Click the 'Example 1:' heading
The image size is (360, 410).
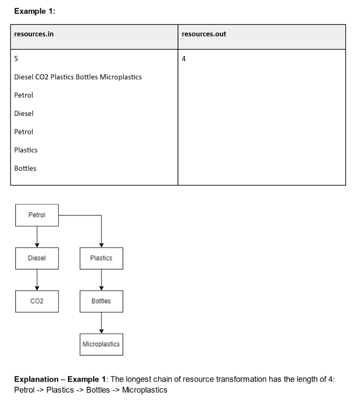[34, 12]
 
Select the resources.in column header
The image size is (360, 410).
[34, 34]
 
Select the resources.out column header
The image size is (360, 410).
[204, 34]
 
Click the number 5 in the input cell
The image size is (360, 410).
[16, 59]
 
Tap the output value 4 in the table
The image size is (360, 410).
[184, 59]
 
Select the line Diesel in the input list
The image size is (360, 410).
[24, 113]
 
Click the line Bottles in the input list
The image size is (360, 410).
[25, 168]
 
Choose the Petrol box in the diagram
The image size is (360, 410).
[37, 215]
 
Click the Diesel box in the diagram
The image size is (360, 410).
[37, 258]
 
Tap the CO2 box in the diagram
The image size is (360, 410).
[37, 301]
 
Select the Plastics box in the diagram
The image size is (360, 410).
[101, 258]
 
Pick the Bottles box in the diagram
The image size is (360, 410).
[101, 301]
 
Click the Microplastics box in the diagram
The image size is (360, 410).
[101, 344]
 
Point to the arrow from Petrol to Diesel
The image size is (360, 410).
[37, 237]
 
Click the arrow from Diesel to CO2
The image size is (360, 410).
[37, 279]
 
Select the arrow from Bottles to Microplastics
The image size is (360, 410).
[101, 323]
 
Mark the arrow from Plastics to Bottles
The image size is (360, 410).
[101, 279]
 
